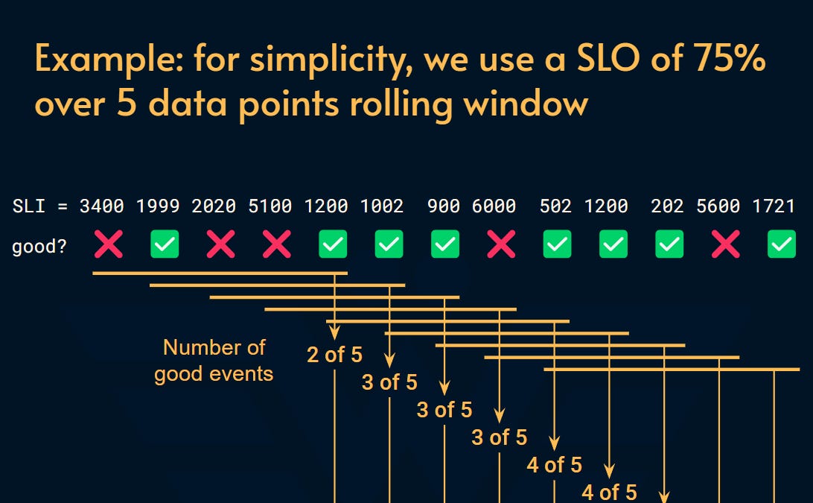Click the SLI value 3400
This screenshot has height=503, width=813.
click(102, 206)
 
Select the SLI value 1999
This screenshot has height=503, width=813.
click(158, 206)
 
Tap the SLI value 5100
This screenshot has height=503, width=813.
click(270, 206)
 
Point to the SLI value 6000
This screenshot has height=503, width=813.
click(494, 206)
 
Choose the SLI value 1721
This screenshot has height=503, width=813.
click(774, 206)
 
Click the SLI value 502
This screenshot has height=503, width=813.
click(555, 206)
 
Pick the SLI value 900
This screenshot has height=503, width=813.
click(444, 206)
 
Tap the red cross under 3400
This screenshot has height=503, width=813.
click(109, 244)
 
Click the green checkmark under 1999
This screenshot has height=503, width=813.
click(165, 244)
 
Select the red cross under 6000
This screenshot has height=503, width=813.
click(501, 244)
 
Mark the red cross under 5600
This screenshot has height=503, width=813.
click(726, 244)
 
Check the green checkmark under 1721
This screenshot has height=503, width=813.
click(781, 244)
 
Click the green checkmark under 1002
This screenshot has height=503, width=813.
click(389, 244)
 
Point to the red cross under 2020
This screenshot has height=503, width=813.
click(220, 244)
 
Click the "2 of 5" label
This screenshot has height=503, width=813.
click(334, 355)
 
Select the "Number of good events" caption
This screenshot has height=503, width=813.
click(214, 360)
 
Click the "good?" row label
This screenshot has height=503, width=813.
click(38, 246)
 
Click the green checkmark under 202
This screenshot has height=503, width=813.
click(669, 244)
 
